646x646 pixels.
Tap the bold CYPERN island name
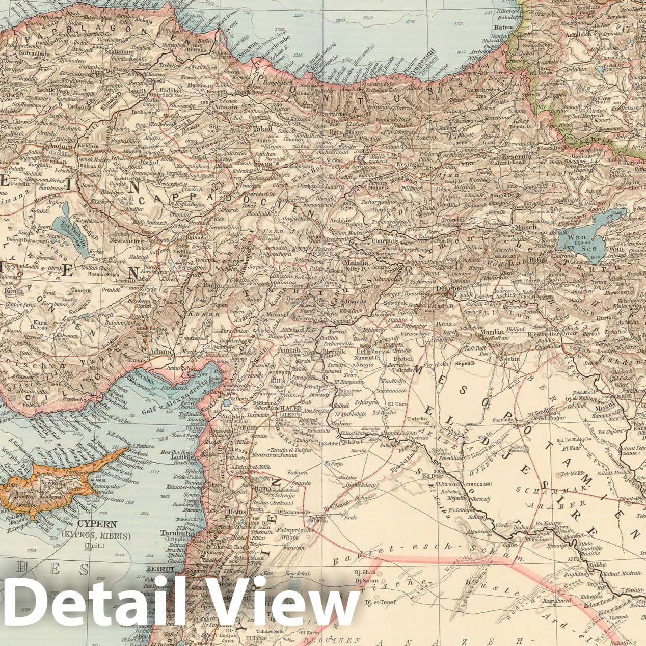(x=97, y=524)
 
